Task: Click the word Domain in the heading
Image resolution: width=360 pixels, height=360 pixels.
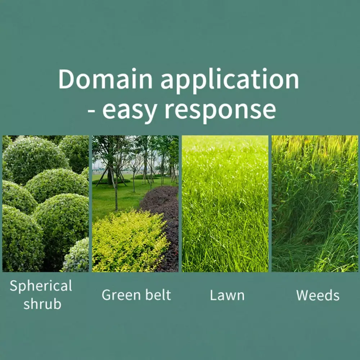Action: tap(105, 78)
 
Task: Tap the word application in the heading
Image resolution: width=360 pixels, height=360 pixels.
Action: tap(230, 81)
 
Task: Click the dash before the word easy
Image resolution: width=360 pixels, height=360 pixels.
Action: tap(91, 111)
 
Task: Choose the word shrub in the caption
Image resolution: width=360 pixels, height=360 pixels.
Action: tap(42, 303)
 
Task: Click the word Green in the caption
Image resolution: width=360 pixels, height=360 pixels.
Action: tap(121, 295)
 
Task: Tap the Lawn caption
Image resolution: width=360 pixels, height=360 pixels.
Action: tap(227, 295)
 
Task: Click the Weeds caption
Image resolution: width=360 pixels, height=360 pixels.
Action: tap(318, 295)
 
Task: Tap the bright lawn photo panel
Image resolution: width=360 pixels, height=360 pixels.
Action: tap(225, 204)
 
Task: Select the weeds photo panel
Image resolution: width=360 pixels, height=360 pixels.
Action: tap(315, 204)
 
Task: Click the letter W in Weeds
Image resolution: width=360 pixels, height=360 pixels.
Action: tap(303, 295)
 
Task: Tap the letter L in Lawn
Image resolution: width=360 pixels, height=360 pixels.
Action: tap(213, 295)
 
